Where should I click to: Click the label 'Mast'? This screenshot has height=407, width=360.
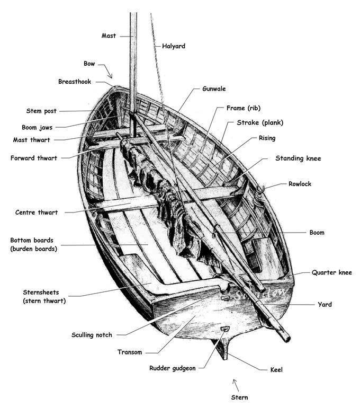(109, 36)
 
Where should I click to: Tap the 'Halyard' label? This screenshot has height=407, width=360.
(174, 46)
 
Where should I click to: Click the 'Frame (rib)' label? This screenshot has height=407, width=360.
(243, 108)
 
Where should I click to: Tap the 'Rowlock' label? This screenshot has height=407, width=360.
(300, 184)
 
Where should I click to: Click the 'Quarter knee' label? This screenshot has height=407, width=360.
(332, 273)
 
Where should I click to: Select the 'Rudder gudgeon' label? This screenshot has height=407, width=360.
(173, 368)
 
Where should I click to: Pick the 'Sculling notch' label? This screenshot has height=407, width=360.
(92, 335)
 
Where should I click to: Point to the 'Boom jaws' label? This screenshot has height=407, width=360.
(37, 127)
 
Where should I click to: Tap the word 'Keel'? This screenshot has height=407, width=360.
(276, 369)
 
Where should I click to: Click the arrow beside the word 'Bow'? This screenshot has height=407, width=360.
(106, 71)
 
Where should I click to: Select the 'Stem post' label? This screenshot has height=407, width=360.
(41, 111)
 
